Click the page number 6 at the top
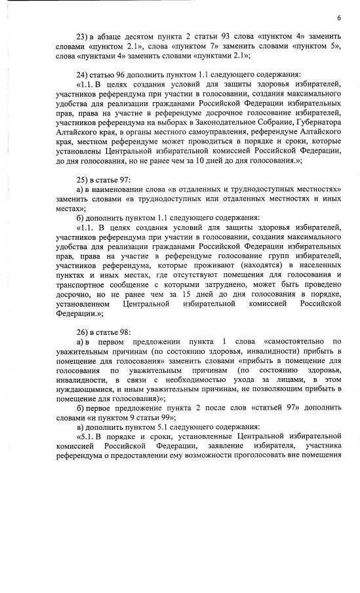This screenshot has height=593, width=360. coord(339,18)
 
